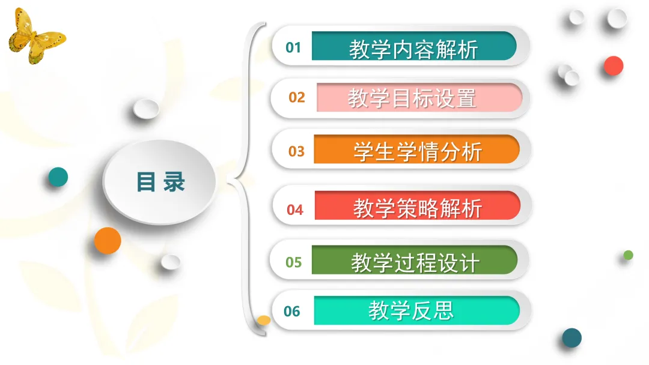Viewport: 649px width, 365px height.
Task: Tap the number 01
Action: [293, 47]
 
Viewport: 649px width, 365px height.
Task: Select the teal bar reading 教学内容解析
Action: [414, 46]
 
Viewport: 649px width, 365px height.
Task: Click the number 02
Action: [297, 98]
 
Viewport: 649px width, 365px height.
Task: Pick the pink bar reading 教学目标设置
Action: [419, 97]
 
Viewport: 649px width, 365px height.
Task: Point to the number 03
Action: [296, 151]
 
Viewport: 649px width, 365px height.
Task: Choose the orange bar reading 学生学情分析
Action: [417, 149]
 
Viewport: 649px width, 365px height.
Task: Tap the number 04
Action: [295, 210]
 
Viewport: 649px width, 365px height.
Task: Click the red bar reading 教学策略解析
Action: [418, 205]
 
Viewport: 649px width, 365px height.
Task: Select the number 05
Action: [294, 262]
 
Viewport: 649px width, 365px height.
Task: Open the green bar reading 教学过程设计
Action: [414, 259]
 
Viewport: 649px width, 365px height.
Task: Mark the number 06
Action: [292, 311]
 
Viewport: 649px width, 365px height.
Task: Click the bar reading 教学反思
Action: [417, 310]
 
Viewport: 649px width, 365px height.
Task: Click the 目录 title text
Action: [160, 182]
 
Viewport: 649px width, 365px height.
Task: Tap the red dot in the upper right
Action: [614, 65]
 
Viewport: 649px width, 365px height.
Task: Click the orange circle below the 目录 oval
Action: [108, 241]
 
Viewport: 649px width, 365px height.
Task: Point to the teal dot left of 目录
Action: [58, 177]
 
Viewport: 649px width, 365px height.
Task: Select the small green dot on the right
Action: [629, 255]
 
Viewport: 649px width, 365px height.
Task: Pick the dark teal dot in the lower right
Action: [572, 338]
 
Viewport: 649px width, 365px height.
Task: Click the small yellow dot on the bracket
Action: [264, 320]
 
